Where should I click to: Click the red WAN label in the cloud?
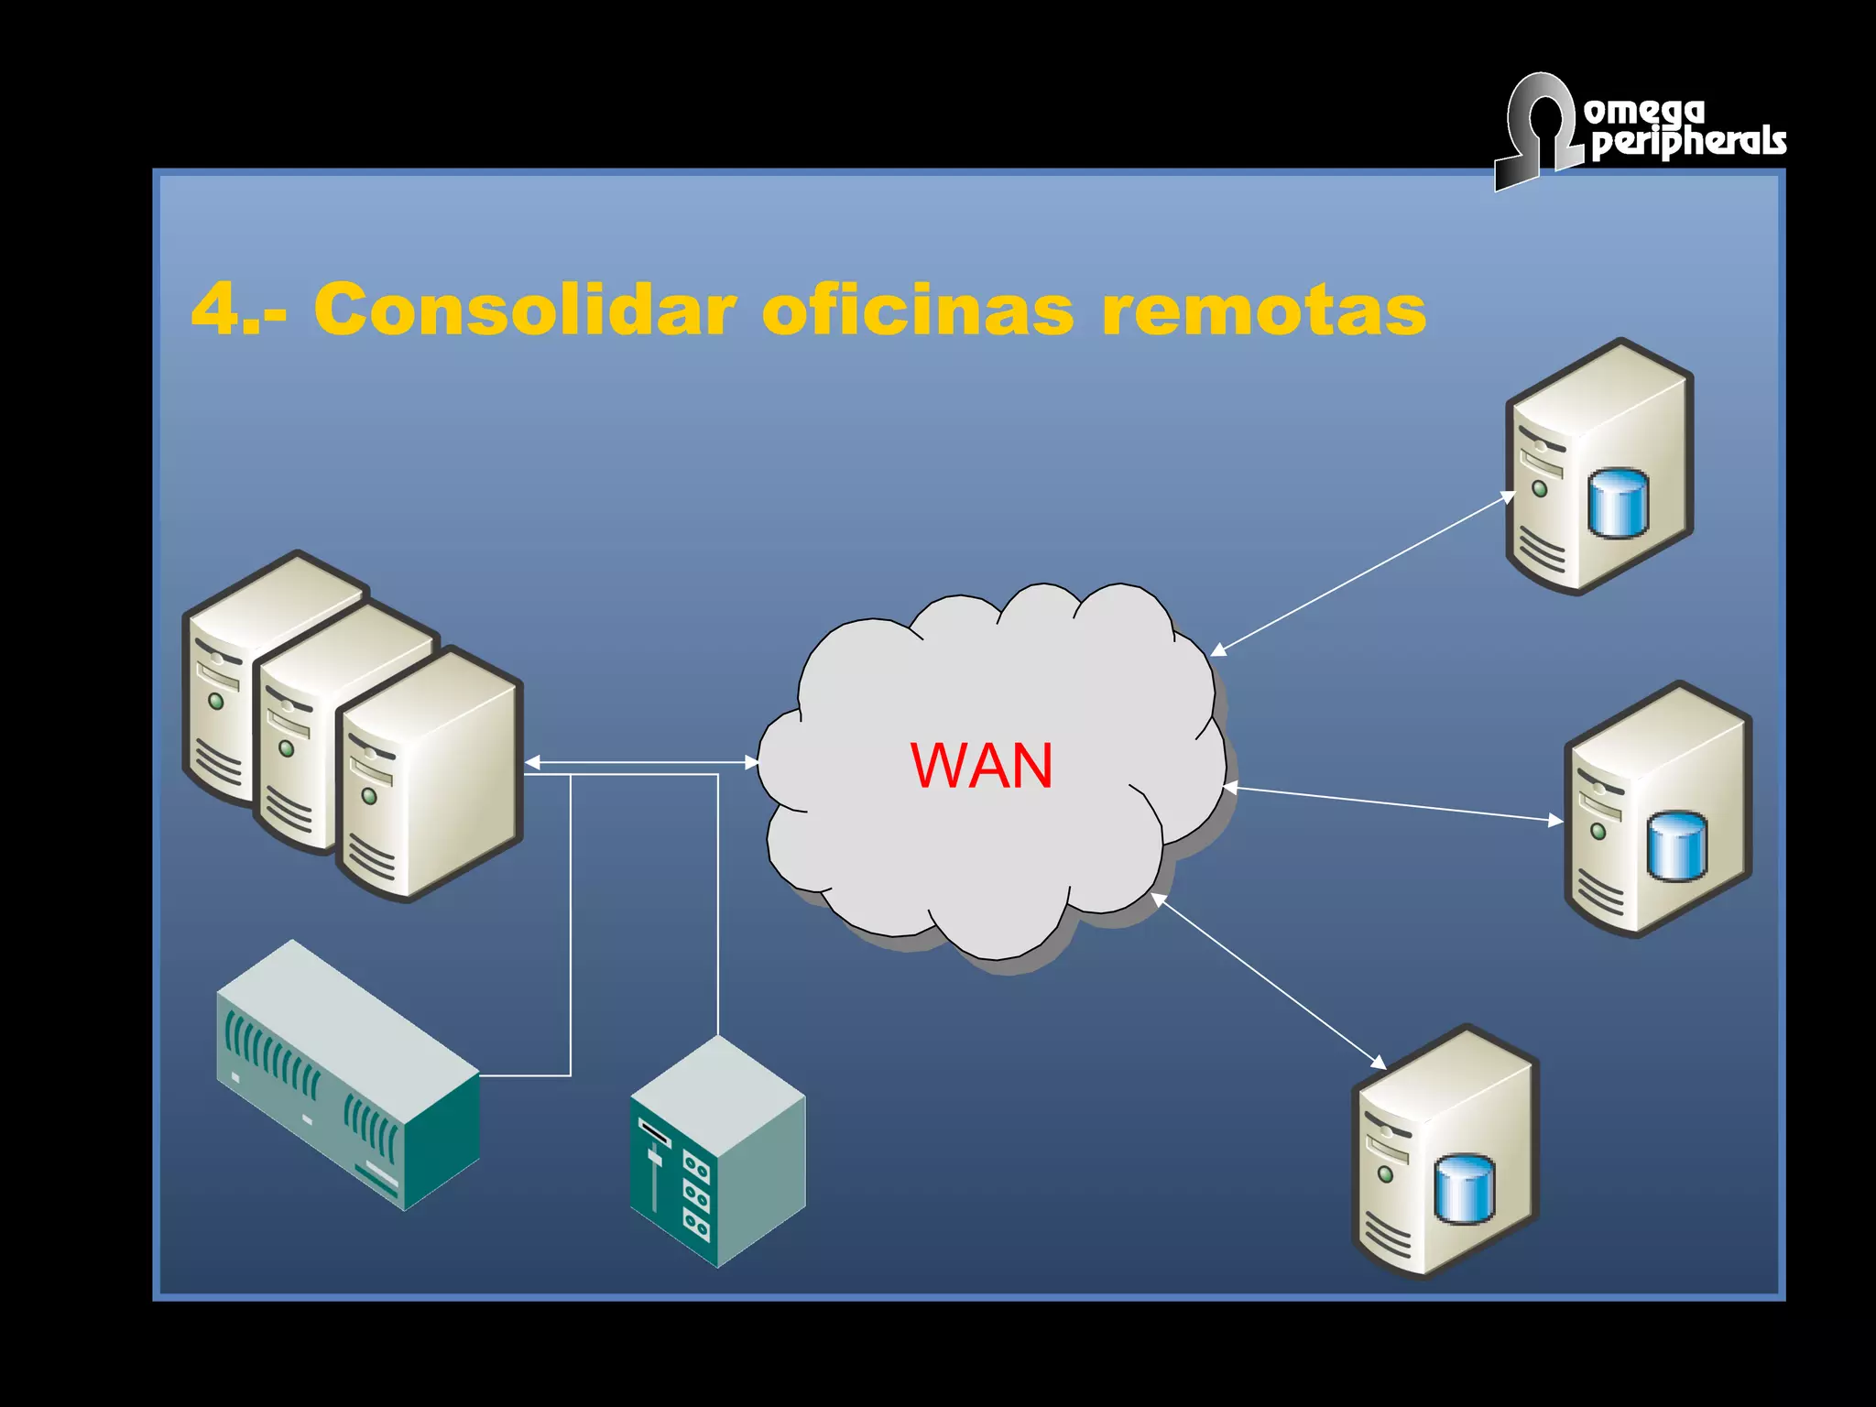pos(981,766)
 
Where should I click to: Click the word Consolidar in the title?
pos(524,310)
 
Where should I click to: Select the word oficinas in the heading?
pos(917,310)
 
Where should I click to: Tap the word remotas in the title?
pos(1263,310)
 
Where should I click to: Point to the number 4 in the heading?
pos(216,310)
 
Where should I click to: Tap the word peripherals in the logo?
pos(1687,143)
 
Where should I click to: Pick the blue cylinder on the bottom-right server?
pos(1464,1188)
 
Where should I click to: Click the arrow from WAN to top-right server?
pos(1363,574)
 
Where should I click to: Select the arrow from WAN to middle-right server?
pos(1392,803)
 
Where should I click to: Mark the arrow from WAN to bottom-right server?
pos(1268,981)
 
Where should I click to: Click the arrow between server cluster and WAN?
pos(641,762)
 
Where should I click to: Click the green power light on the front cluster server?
pos(369,796)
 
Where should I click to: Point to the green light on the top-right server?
pos(1540,489)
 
